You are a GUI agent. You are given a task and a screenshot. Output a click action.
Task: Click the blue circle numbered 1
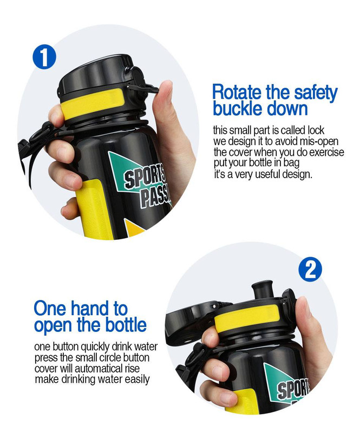click(44, 57)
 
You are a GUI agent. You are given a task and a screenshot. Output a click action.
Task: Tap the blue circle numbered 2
click(310, 269)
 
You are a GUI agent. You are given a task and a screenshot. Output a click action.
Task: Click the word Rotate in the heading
click(237, 93)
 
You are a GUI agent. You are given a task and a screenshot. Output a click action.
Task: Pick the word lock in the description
click(316, 130)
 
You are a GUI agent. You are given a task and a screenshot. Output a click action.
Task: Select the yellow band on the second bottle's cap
click(247, 317)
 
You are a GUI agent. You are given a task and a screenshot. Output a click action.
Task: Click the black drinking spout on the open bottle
click(263, 290)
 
